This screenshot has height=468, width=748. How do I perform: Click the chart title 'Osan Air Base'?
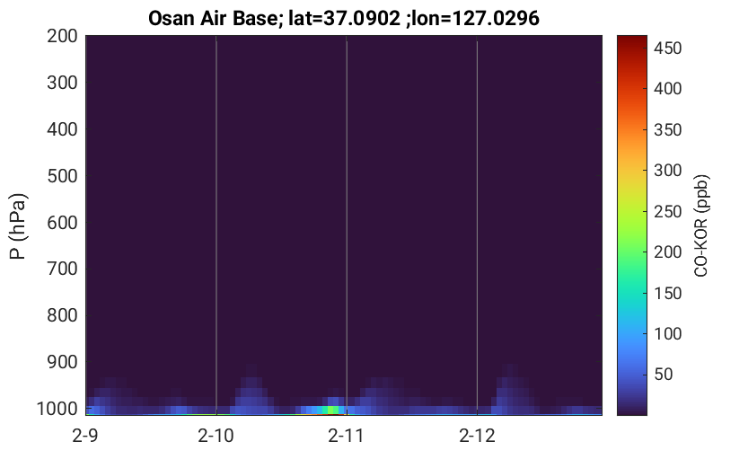tap(212, 19)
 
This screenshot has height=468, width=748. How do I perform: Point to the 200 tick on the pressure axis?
tap(62, 36)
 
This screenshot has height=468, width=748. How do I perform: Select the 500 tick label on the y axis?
tap(62, 176)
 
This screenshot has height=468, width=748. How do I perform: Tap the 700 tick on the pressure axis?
tap(62, 269)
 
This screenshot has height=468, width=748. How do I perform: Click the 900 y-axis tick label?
tap(62, 363)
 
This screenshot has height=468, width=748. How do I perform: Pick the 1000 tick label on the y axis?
tap(57, 409)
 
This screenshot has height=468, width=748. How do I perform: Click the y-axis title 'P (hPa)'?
tap(18, 226)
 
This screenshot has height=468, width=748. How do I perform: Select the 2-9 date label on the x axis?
tap(85, 436)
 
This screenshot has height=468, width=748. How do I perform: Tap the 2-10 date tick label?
tap(216, 436)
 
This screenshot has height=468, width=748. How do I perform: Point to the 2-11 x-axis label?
tap(346, 436)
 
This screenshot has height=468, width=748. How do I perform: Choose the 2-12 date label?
tap(477, 436)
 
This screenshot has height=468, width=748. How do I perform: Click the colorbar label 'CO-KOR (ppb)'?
tap(701, 225)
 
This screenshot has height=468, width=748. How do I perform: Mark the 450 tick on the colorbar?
tap(667, 49)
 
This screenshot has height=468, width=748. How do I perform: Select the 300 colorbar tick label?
tap(667, 171)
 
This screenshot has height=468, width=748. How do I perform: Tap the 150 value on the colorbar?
tap(667, 293)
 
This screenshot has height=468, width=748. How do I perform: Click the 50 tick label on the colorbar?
tap(664, 374)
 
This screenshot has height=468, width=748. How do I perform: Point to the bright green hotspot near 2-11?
tap(330, 410)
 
